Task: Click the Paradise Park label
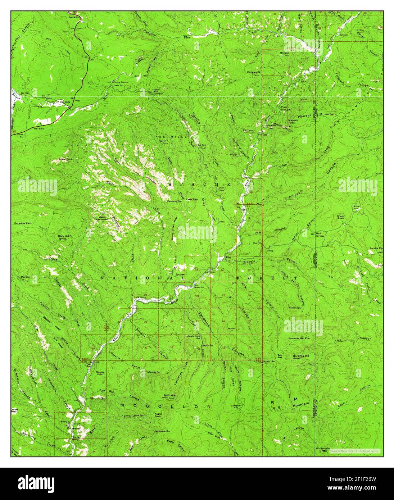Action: coord(23,223)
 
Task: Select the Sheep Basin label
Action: coord(340,217)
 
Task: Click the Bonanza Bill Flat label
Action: coord(302,338)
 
